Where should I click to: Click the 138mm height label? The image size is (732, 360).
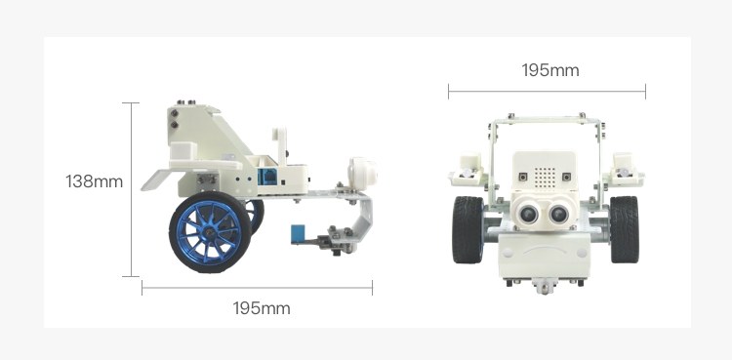pyautogui.click(x=94, y=181)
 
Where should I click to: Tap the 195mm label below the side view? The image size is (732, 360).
pyautogui.click(x=262, y=308)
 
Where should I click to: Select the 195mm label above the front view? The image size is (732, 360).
pyautogui.click(x=550, y=70)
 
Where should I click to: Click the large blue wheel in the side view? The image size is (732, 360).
pyautogui.click(x=210, y=232)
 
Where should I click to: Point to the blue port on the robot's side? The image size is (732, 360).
pyautogui.click(x=267, y=178)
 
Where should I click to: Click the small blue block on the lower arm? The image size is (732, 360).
pyautogui.click(x=298, y=233)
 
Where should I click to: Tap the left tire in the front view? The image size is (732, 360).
pyautogui.click(x=468, y=229)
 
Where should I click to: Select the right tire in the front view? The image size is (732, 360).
pyautogui.click(x=624, y=229)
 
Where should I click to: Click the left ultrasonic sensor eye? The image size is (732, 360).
pyautogui.click(x=528, y=214)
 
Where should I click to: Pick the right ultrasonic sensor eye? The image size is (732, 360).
pyautogui.click(x=558, y=214)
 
